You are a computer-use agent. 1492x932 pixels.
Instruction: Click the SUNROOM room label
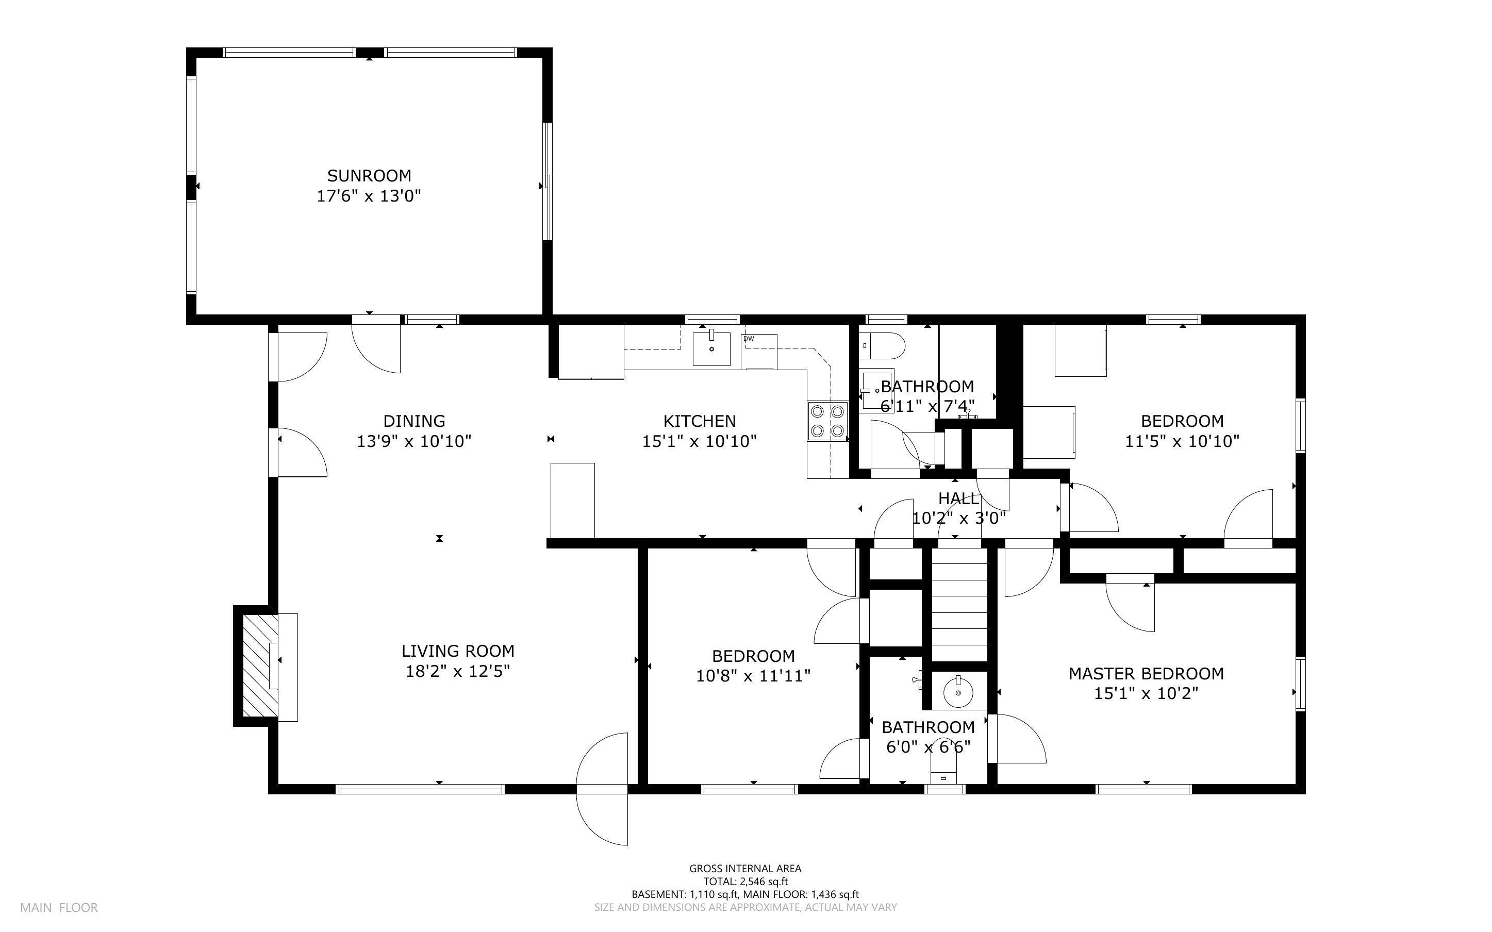click(x=369, y=176)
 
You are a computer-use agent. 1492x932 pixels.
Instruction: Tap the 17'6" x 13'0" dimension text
click(x=369, y=196)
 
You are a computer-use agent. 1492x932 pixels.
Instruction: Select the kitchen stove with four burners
click(x=827, y=421)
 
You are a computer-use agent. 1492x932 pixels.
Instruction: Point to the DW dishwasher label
click(x=749, y=338)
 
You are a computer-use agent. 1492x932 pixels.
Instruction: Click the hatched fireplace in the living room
click(x=256, y=665)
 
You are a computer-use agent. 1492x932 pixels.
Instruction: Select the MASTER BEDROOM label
click(x=1146, y=674)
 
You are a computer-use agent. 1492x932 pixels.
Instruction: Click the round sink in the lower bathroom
click(x=959, y=692)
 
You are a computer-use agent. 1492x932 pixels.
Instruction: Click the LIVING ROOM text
click(x=457, y=651)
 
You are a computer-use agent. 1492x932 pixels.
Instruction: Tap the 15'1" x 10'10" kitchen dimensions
click(x=699, y=441)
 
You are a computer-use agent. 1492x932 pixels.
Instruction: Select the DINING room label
click(x=413, y=421)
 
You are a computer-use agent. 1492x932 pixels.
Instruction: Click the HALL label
click(x=958, y=498)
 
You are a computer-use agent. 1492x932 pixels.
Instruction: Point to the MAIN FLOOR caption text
click(x=59, y=907)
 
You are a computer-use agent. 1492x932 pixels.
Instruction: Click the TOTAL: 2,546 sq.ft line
click(x=745, y=881)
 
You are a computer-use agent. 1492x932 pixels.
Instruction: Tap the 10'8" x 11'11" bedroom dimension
click(x=753, y=676)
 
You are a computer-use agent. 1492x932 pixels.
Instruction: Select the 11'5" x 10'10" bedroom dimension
click(x=1182, y=441)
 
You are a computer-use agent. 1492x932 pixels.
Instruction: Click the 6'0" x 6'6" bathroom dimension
click(x=927, y=747)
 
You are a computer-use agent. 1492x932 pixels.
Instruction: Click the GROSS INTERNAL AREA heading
click(x=745, y=869)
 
